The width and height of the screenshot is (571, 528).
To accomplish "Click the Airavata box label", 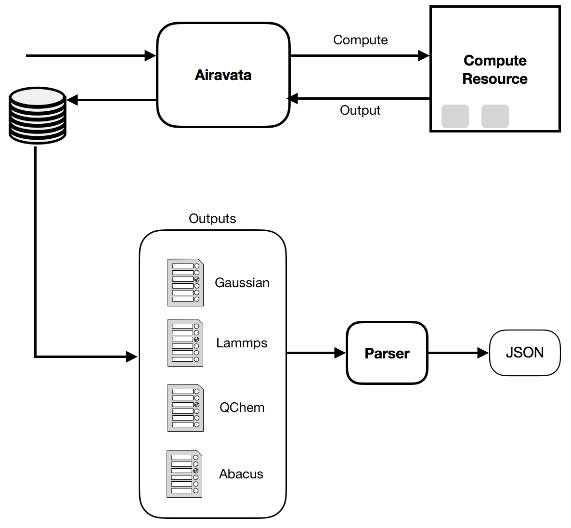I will coord(223,75).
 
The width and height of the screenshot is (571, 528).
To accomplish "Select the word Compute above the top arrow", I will coord(360,40).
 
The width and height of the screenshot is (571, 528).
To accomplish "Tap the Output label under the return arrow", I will coord(360,110).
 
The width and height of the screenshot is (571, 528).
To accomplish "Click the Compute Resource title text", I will coord(495,70).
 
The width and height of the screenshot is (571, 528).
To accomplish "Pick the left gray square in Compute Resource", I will coord(455,116).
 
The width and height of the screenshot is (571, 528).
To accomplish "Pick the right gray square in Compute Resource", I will coord(495,116).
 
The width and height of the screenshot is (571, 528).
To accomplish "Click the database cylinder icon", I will coord(38,115).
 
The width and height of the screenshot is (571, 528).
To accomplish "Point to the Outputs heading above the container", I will coord(212,219).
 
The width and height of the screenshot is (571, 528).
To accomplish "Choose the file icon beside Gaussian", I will coord(185,283).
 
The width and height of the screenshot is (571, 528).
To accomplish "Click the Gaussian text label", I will coord(242,283).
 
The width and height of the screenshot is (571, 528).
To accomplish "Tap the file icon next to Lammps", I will coord(185,343).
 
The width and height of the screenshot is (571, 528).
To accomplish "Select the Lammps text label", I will coord(242,343).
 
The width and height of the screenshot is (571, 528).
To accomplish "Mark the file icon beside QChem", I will coord(185,408).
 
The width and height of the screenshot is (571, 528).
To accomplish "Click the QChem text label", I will coord(242,408).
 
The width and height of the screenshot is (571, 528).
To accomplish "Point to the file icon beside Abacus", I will coord(184,474).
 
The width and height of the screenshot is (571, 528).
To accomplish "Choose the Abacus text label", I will coord(241,474).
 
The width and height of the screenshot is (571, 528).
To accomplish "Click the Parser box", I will coord(387,353).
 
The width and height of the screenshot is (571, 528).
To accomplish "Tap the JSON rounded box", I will coord(525,353).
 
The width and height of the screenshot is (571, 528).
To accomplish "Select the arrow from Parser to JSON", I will coord(458,353).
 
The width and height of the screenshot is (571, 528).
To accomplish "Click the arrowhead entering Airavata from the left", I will coord(151,56).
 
